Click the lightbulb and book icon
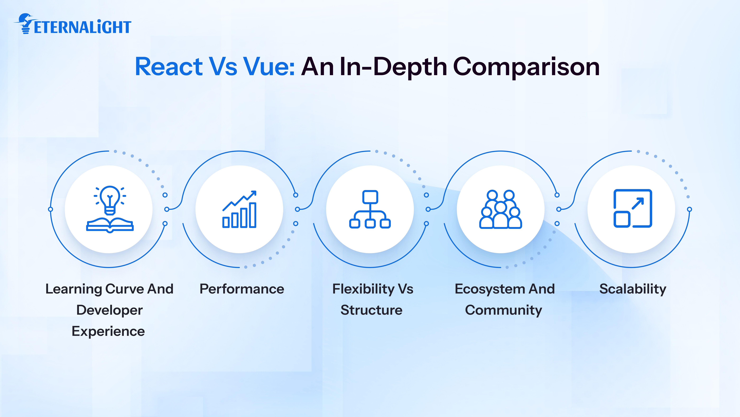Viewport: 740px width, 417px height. click(x=110, y=208)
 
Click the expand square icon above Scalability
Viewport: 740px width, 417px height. click(x=633, y=208)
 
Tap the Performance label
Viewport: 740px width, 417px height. click(x=242, y=289)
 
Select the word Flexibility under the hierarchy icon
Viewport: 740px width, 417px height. click(x=363, y=289)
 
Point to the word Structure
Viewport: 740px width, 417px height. click(x=371, y=310)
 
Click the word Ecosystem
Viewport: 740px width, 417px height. click(x=490, y=289)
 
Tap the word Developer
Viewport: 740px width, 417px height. click(x=109, y=310)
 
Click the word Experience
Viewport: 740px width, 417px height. click(x=108, y=331)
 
